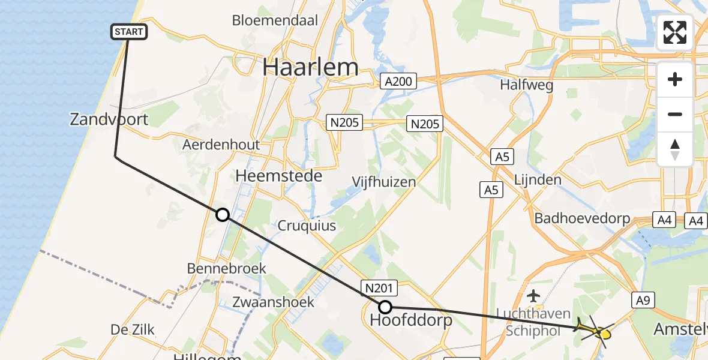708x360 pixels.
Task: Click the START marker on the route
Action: (129, 32)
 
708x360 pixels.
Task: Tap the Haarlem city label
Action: (311, 67)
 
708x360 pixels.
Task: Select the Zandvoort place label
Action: (109, 119)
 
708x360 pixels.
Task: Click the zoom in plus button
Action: (675, 79)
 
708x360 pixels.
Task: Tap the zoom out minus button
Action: (675, 114)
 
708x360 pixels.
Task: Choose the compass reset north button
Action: (675, 149)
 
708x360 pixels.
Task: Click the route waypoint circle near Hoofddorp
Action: (385, 308)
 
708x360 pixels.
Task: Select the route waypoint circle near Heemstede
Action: (223, 215)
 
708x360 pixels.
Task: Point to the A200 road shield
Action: (399, 81)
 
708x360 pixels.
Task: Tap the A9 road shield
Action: (643, 300)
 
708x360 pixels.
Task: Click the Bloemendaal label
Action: (275, 20)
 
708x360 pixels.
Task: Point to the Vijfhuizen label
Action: (384, 181)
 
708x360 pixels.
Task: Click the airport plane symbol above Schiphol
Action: (533, 295)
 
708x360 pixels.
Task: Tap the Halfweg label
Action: (526, 85)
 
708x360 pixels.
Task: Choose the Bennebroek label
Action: (226, 268)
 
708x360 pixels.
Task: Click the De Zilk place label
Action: (133, 329)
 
